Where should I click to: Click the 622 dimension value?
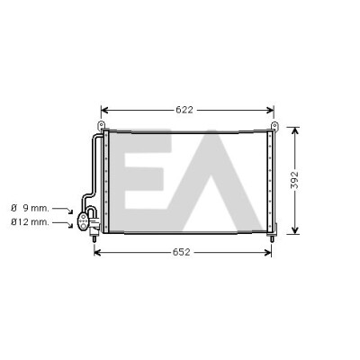(x=184, y=110)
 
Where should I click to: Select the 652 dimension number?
(x=181, y=252)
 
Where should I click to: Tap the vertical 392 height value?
(x=295, y=180)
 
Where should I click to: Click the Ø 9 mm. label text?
(x=30, y=208)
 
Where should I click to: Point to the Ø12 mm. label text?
(x=30, y=222)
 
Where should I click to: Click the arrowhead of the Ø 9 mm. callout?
(x=70, y=211)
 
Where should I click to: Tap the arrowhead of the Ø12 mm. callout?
(x=70, y=225)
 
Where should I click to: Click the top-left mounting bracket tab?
(x=102, y=125)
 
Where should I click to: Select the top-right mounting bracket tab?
(x=274, y=125)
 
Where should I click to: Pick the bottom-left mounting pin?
(x=94, y=238)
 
